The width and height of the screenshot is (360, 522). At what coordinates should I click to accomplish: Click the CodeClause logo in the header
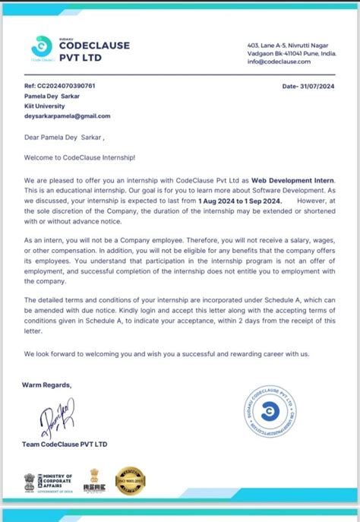click(x=42, y=47)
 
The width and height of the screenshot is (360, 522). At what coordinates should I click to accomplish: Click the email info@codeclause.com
click(x=280, y=62)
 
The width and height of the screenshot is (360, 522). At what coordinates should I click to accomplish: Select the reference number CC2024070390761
click(x=60, y=87)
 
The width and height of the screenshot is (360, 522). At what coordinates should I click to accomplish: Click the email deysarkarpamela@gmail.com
click(x=68, y=116)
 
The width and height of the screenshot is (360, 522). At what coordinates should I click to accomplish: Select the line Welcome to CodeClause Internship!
click(x=80, y=157)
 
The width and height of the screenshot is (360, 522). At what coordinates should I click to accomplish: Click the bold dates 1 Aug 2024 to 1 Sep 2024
click(x=240, y=200)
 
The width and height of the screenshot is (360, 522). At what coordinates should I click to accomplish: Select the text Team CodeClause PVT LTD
click(x=65, y=444)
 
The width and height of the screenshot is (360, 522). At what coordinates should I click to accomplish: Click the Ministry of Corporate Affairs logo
click(x=49, y=481)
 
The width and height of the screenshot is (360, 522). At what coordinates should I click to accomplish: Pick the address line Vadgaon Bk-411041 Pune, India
click(x=291, y=54)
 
